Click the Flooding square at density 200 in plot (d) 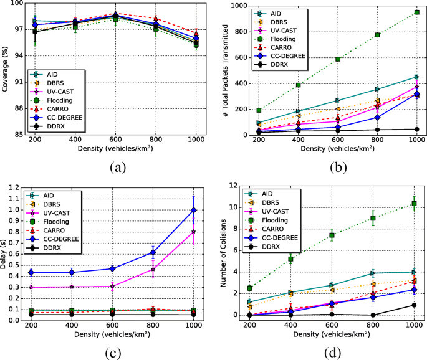[x=249, y=288]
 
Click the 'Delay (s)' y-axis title [x=6, y=252]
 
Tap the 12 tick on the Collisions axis [x=234, y=185]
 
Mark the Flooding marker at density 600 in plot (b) [x=338, y=59]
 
